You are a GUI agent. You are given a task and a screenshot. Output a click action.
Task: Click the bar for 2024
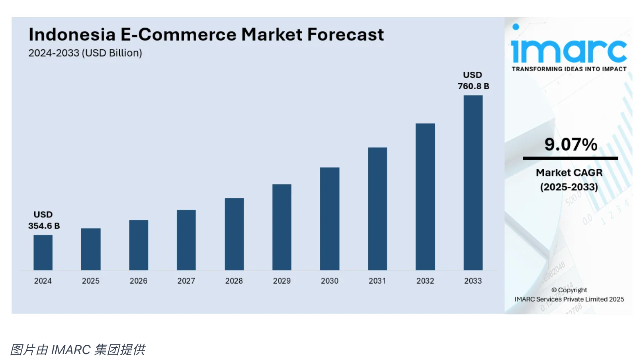tap(43, 252)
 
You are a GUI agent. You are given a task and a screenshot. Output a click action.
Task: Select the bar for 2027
tap(186, 240)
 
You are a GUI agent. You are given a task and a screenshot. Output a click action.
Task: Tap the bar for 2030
tap(330, 219)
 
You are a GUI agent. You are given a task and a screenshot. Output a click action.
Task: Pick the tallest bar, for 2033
tap(473, 183)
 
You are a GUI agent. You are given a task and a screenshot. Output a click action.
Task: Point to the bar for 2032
tap(425, 197)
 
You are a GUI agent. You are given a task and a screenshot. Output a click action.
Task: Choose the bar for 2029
tap(282, 227)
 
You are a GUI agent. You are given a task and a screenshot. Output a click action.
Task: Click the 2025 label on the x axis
tap(91, 281)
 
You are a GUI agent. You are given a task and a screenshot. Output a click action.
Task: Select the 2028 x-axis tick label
tap(234, 281)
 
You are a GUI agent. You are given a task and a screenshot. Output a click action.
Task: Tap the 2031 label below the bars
tap(377, 281)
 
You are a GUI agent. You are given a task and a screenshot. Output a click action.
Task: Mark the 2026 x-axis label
tap(139, 281)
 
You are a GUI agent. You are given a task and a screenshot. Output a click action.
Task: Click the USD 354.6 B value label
tap(44, 220)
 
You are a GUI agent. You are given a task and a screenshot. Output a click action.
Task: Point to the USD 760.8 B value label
tap(473, 80)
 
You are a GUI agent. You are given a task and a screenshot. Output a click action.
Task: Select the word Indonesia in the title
tap(72, 35)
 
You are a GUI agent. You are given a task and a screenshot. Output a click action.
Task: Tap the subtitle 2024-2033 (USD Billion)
tap(85, 53)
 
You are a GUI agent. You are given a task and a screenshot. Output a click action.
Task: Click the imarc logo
tap(569, 50)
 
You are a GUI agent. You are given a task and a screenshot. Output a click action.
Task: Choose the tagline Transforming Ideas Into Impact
tap(569, 69)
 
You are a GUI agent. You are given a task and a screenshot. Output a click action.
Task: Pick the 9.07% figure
tap(571, 144)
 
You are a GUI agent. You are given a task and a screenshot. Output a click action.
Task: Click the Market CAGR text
tap(569, 173)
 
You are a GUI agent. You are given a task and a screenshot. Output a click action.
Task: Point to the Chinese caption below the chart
tap(78, 349)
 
